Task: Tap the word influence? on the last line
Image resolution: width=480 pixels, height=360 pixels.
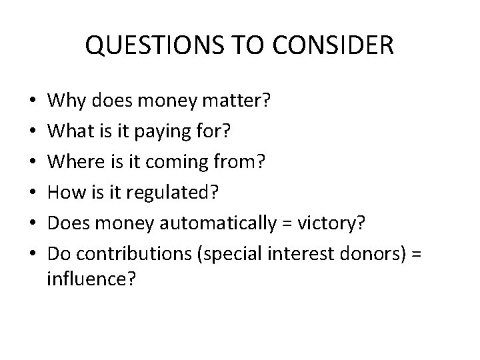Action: point(91,278)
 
